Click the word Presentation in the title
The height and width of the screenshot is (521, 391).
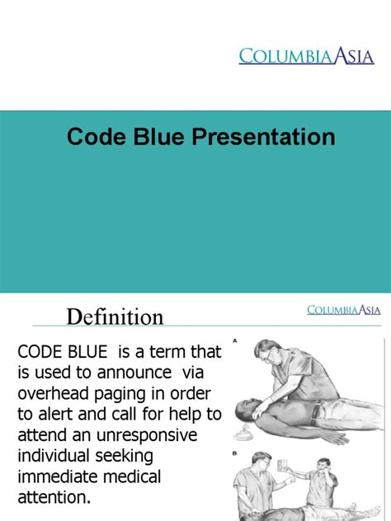[x=264, y=137]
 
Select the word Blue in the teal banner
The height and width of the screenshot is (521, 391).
[x=153, y=137]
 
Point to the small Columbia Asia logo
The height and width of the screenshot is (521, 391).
[x=343, y=310]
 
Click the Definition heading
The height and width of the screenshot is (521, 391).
[x=115, y=317]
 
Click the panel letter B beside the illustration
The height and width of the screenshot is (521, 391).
[x=235, y=453]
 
